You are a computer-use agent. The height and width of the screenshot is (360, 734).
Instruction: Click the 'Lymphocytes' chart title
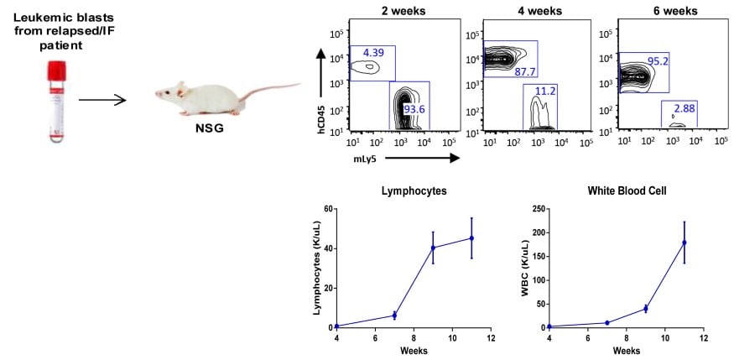click(412, 191)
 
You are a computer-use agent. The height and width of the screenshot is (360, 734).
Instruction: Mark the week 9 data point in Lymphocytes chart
click(433, 248)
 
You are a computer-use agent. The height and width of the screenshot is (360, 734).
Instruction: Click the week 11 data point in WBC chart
click(685, 243)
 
